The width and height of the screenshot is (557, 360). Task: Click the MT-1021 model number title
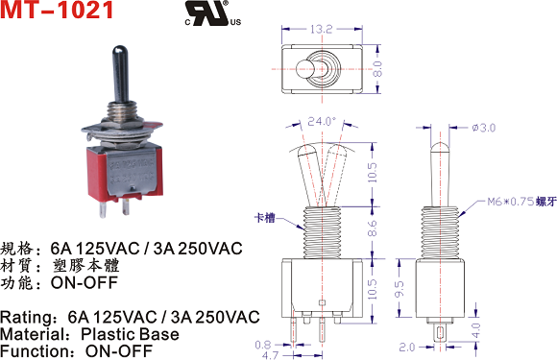click(57, 10)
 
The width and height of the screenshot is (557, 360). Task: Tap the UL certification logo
click(213, 13)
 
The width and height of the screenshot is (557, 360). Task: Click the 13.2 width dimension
click(321, 29)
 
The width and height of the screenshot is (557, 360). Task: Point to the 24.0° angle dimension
click(322, 121)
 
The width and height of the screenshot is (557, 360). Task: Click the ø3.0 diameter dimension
click(483, 128)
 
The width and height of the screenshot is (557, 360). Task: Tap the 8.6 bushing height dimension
click(372, 228)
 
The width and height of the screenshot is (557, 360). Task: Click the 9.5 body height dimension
click(400, 289)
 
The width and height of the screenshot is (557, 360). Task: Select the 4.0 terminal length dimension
click(475, 330)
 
